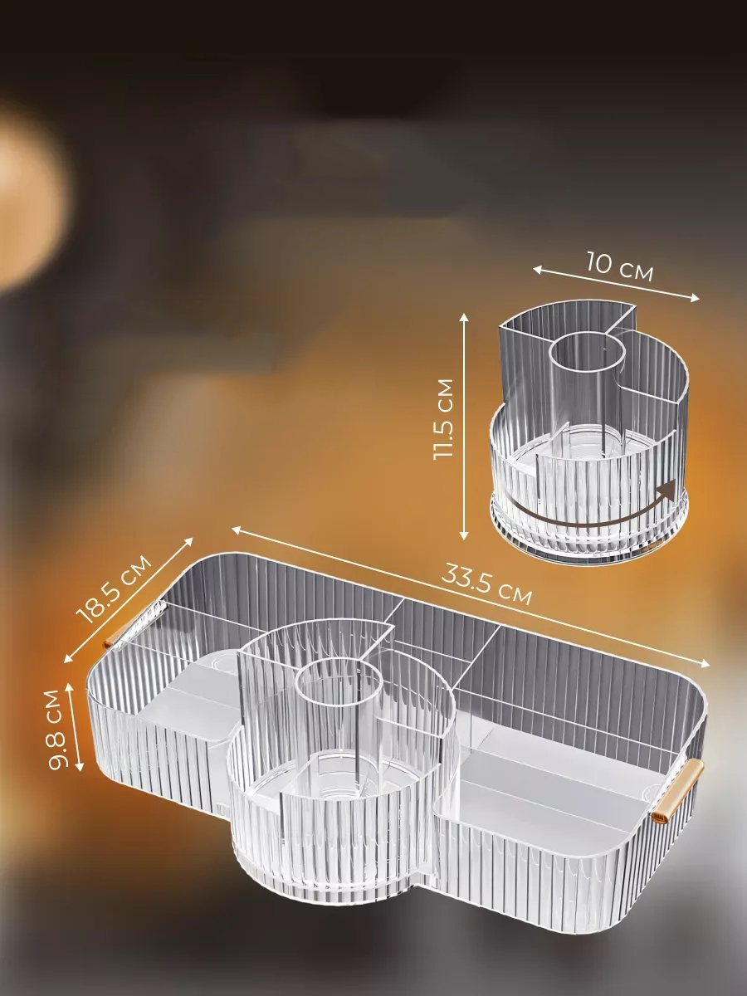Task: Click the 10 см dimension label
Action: tap(620, 266)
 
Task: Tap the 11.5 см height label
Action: tap(443, 419)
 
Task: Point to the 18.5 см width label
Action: tap(115, 589)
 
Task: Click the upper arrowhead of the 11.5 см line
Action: tap(463, 319)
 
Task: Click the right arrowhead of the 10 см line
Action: tap(695, 297)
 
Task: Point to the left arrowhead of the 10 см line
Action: tap(538, 270)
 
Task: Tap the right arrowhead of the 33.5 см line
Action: tap(705, 663)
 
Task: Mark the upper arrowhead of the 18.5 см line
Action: tap(188, 542)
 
